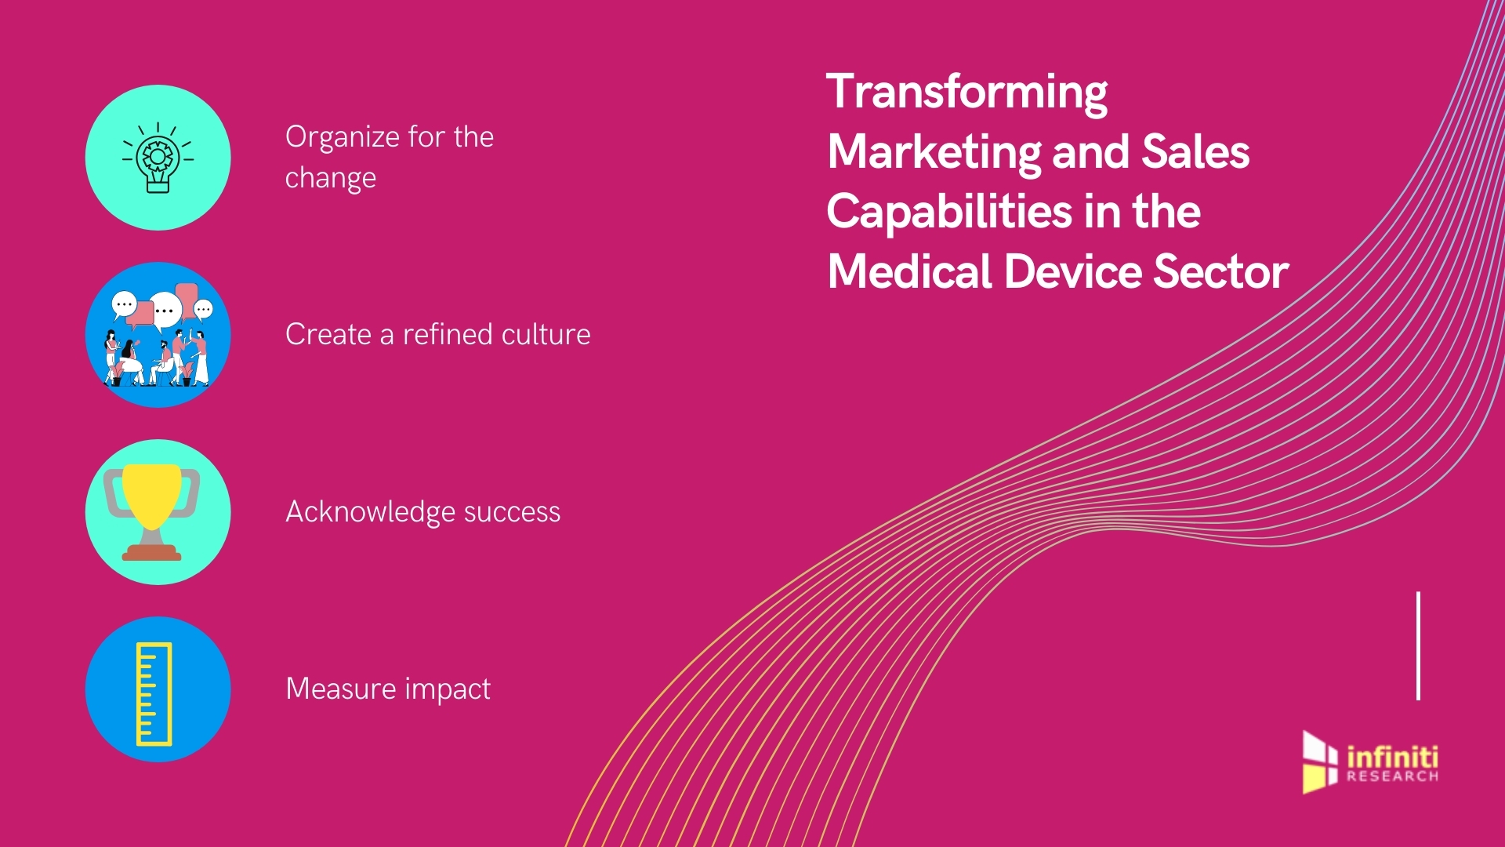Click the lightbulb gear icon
pos(158,158)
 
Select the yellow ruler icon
pos(154,693)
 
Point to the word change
pos(330,179)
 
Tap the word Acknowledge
pos(369,512)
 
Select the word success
pos(512,512)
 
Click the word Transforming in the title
pos(966,93)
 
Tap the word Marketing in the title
pos(934,151)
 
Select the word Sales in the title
pos(1195,151)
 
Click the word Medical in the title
pos(909,272)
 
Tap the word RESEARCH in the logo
pos(1392,776)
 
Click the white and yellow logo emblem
pos(1319,762)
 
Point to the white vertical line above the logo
pos(1419,645)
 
